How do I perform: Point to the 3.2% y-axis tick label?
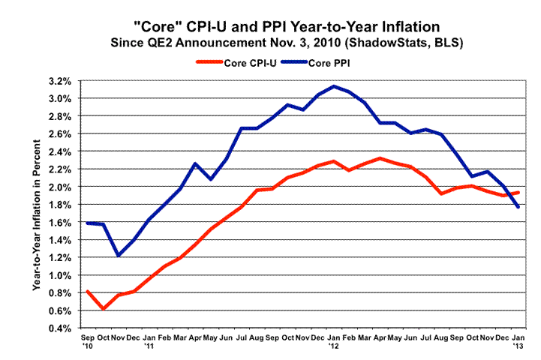[x=61, y=80]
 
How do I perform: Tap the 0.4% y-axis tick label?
[x=61, y=328]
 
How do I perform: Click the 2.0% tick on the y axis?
[x=61, y=186]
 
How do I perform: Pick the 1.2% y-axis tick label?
[x=61, y=257]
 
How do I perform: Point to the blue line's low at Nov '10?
[x=119, y=255]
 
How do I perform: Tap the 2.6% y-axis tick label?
[x=61, y=133]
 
